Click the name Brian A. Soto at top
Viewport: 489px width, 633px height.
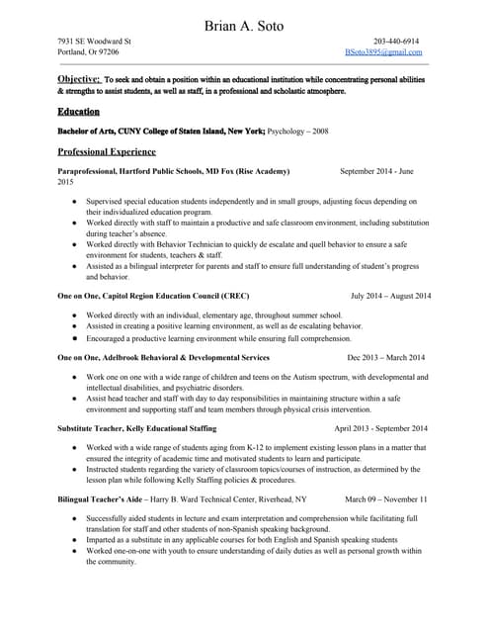coord(244,23)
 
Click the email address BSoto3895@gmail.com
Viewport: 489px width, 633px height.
coord(383,51)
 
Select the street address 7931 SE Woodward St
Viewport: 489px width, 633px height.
coord(95,42)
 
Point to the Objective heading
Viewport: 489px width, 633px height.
coord(79,78)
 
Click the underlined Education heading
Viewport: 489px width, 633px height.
coord(78,112)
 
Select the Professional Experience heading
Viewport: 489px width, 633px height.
coord(107,151)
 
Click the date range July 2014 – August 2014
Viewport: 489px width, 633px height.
coord(390,296)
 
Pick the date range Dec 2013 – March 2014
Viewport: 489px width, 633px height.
coord(385,357)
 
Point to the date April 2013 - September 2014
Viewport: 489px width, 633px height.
coord(380,428)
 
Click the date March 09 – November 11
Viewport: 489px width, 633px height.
coord(385,499)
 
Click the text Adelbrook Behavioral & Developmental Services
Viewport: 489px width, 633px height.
coord(190,357)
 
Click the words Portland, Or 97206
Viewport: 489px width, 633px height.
coord(88,51)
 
